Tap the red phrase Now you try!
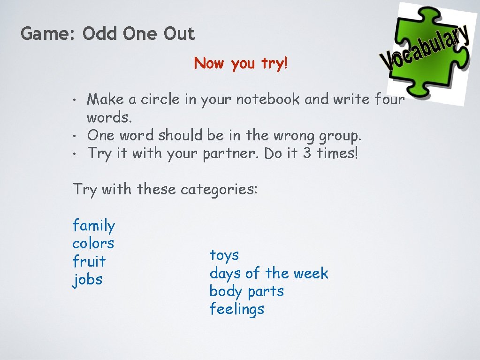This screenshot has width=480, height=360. (x=240, y=63)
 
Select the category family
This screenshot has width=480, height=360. (x=93, y=226)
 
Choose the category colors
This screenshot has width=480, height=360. (x=93, y=243)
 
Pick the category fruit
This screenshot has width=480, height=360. (x=89, y=261)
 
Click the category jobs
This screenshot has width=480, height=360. (x=88, y=280)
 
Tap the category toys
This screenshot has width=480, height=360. (x=224, y=255)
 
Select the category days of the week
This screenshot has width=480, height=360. (x=269, y=273)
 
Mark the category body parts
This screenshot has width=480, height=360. (x=247, y=291)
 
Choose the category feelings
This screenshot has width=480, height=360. (x=237, y=309)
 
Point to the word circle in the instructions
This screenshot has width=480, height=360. (x=160, y=100)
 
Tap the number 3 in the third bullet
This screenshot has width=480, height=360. (x=307, y=153)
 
